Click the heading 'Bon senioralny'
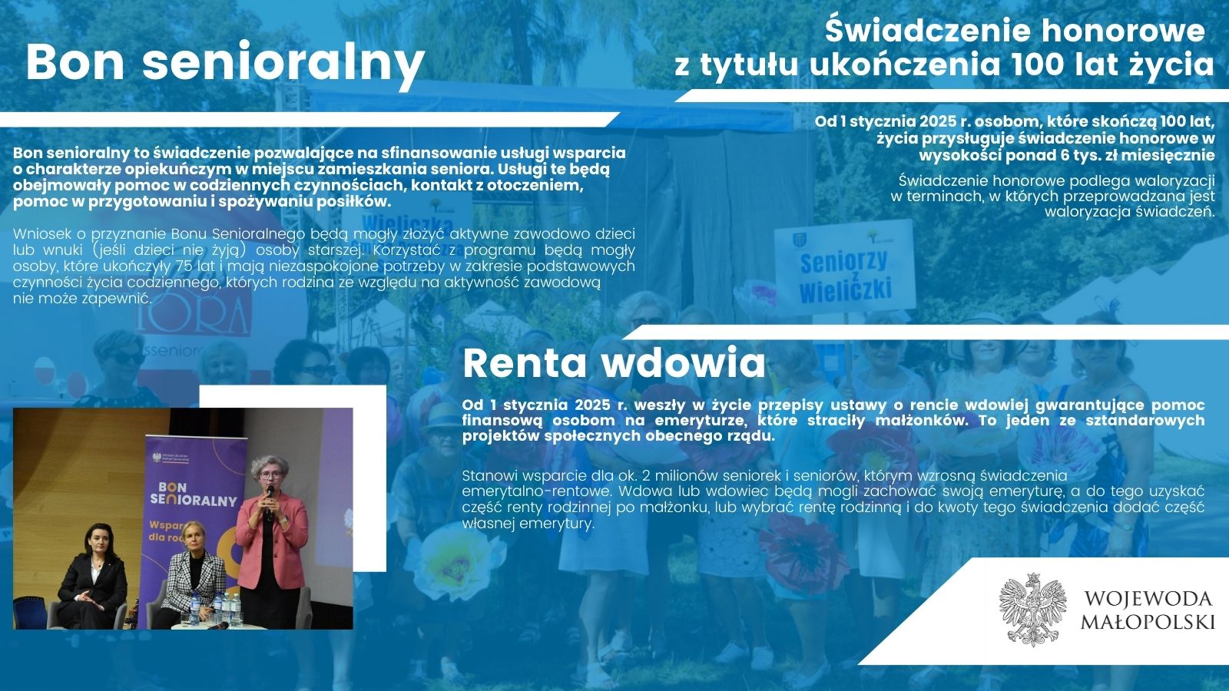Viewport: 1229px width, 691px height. click(x=226, y=62)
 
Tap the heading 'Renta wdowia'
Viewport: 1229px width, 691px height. click(x=614, y=363)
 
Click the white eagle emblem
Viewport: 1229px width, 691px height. click(x=1032, y=609)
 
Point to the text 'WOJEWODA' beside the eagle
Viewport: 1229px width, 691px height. click(x=1148, y=598)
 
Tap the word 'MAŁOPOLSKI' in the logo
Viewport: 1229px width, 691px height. click(x=1148, y=621)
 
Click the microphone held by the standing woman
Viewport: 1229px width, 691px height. click(x=269, y=501)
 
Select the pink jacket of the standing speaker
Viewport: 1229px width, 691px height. click(x=272, y=541)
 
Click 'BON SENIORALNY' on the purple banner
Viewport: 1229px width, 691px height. click(x=193, y=494)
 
